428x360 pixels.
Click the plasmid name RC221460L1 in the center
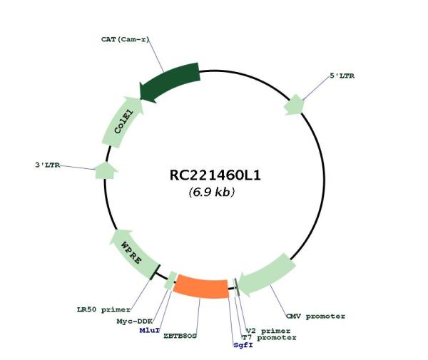point(215,175)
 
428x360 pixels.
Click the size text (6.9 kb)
point(212,192)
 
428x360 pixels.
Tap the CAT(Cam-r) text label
point(126,39)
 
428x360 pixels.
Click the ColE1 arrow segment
point(121,122)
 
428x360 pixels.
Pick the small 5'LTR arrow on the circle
point(294,105)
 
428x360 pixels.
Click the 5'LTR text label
point(342,76)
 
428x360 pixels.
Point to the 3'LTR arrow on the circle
point(106,171)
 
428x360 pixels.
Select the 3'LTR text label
point(47,165)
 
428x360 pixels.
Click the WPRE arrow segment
point(133,253)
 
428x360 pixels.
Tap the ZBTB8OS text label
point(180,336)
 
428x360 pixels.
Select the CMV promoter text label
point(315,317)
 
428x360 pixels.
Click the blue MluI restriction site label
point(149,331)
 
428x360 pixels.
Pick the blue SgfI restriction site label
point(243,345)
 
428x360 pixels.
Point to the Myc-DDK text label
point(134,322)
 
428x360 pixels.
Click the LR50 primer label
point(103,310)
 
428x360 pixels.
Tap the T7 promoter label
point(269,338)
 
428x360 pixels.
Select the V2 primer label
point(268,331)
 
